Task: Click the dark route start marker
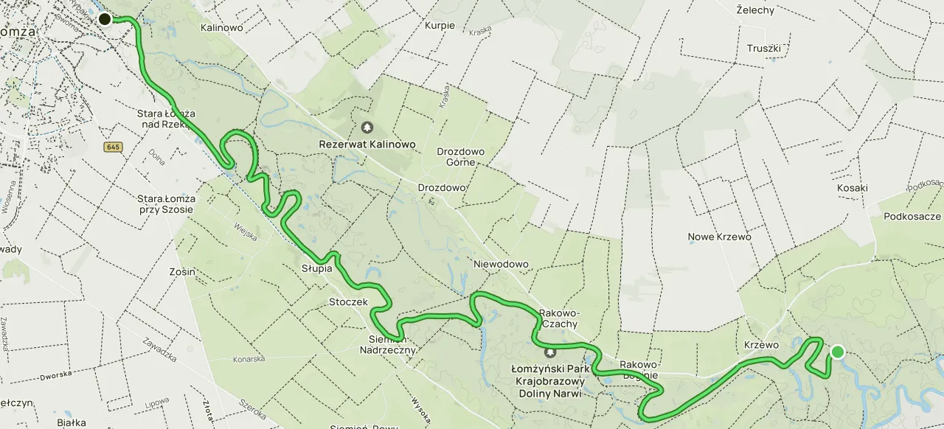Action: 105,19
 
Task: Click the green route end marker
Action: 837,352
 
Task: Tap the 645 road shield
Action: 113,147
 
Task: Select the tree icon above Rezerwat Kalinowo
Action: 367,128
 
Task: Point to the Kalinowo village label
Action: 222,27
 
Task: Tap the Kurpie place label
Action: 440,25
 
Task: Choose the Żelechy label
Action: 755,10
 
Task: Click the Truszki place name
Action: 763,48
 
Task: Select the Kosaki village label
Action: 853,188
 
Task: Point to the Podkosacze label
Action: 912,216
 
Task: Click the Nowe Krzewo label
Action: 719,237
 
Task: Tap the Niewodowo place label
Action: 502,264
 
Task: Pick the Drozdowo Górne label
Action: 461,157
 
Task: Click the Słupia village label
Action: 316,268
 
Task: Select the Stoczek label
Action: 348,302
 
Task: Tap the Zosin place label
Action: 182,271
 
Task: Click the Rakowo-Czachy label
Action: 558,318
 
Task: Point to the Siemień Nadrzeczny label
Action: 392,344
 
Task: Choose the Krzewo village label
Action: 761,345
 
